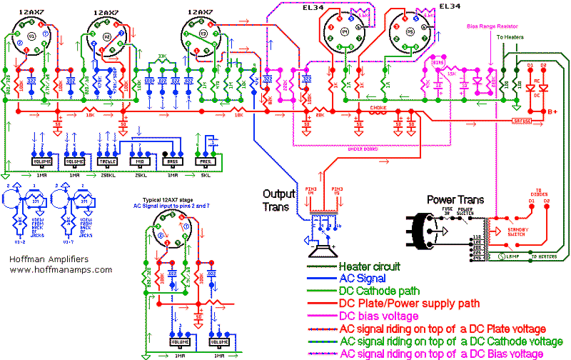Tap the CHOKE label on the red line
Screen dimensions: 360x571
[378, 109]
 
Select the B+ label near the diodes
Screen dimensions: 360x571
[553, 111]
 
